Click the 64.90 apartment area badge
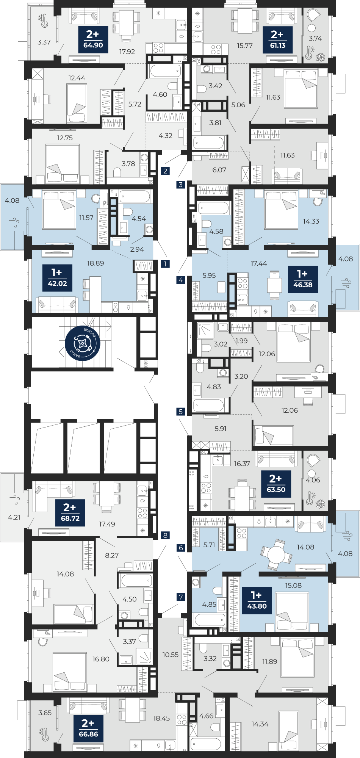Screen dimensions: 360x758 coord(93,39)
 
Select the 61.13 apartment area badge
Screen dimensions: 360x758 coord(277,39)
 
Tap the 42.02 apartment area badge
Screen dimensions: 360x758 coord(57,277)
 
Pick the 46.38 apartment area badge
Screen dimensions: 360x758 coord(303,279)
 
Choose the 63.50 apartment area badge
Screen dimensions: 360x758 coord(276,484)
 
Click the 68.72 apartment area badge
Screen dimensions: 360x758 coord(70,512)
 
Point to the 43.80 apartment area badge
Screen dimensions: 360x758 coord(257,600)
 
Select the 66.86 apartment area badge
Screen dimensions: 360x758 coord(88,728)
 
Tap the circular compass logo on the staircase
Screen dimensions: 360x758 coord(82,343)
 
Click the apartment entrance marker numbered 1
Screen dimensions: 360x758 coord(165,264)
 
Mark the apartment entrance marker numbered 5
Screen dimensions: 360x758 coord(181,412)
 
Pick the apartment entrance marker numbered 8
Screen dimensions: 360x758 coord(165,536)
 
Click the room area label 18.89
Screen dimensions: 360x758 coord(95,263)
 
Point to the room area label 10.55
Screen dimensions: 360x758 coord(171,655)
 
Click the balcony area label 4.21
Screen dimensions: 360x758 coord(14,517)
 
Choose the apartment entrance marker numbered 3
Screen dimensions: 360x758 coord(181,185)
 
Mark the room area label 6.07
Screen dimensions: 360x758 coord(219,170)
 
